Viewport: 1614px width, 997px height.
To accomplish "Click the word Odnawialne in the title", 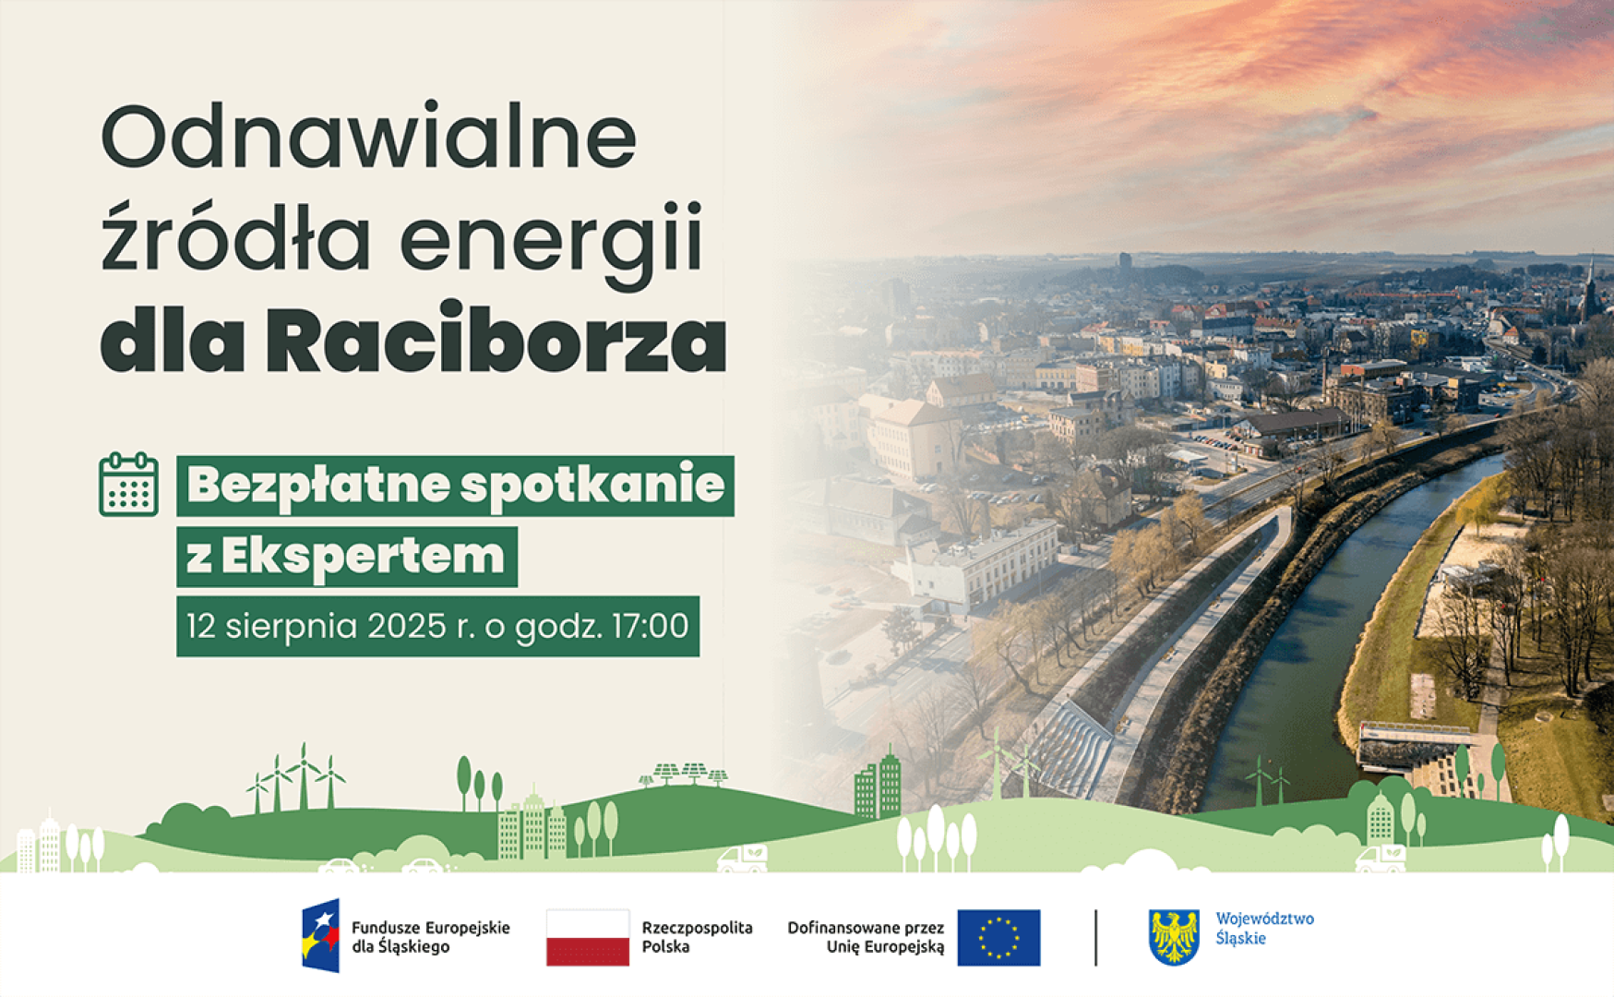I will tap(368, 138).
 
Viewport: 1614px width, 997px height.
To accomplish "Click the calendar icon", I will tap(129, 485).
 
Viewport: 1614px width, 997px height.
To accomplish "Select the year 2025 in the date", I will tap(407, 626).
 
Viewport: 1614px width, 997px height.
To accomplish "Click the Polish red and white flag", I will tap(588, 937).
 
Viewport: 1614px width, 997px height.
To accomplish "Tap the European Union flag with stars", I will tap(998, 937).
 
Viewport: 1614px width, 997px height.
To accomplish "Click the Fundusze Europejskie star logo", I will tap(320, 935).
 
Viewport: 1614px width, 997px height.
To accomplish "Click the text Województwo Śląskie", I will tap(1264, 929).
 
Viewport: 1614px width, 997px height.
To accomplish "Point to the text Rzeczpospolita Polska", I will tap(697, 937).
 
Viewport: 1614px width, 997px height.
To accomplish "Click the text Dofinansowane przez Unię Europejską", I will tap(866, 937).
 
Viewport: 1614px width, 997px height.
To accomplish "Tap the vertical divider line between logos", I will tap(1095, 937).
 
